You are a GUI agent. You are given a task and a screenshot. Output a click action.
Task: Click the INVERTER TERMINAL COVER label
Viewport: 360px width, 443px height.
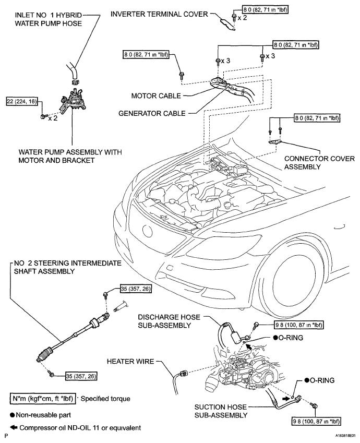[x=159, y=14]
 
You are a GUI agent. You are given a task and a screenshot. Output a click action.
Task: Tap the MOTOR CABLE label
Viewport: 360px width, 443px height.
[x=156, y=96]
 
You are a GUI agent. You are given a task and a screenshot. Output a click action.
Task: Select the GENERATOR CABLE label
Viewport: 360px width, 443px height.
[x=152, y=113]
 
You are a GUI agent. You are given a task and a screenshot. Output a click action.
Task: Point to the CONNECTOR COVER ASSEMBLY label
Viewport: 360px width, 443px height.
[x=319, y=163]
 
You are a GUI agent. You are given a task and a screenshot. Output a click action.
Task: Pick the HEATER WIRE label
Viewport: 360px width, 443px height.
[x=130, y=362]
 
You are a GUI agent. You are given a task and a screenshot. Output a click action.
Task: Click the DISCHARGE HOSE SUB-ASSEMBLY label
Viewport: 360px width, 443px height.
[x=169, y=321]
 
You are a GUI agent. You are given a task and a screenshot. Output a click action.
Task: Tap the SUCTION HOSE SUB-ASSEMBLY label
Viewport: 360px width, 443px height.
[x=221, y=411]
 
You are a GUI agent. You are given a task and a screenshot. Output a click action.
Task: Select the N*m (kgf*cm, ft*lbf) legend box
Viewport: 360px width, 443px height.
[x=43, y=399]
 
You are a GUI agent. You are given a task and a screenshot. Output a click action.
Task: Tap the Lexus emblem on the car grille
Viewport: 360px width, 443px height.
[x=147, y=231]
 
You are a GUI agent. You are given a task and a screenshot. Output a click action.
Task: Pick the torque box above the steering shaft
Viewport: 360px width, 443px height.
[x=136, y=289]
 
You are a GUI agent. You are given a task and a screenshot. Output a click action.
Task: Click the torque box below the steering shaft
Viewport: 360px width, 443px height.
[x=81, y=376]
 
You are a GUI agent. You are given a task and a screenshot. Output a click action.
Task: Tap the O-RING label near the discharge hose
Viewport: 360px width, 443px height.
[x=287, y=338]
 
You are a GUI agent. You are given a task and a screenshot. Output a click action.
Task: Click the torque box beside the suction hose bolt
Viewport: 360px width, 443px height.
[x=316, y=422]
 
